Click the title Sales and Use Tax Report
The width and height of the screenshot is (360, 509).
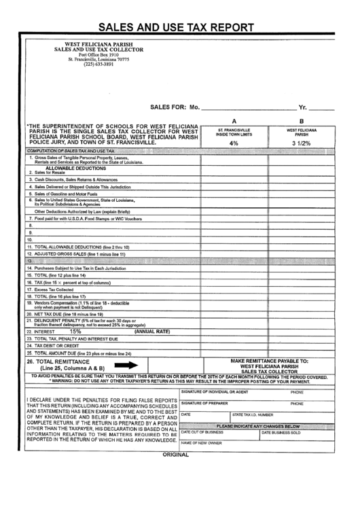tap(177, 29)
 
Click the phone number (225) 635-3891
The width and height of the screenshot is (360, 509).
tap(99, 65)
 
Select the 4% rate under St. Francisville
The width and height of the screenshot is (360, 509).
tap(234, 143)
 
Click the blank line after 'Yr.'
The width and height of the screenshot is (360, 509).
tap(322, 107)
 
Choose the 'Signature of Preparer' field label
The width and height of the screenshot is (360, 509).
tap(203, 404)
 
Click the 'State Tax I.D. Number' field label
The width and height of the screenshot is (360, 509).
tap(253, 414)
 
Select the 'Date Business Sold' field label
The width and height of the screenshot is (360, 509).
tap(281, 432)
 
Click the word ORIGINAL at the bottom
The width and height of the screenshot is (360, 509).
tap(179, 455)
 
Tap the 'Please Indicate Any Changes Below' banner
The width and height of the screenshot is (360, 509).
tap(257, 425)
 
